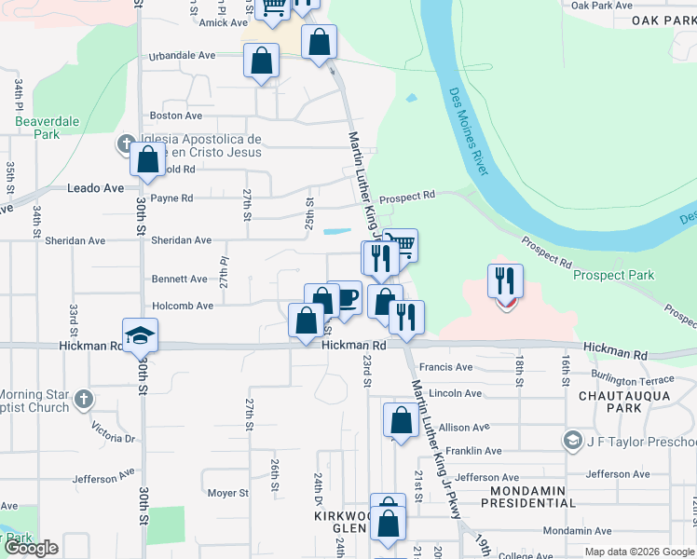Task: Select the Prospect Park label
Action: click(613, 275)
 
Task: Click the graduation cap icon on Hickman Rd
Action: click(140, 335)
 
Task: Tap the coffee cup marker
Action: click(346, 298)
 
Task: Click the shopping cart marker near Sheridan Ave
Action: click(401, 245)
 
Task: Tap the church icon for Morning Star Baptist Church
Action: click(83, 401)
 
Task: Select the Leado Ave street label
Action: click(96, 188)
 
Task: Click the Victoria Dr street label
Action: click(114, 431)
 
